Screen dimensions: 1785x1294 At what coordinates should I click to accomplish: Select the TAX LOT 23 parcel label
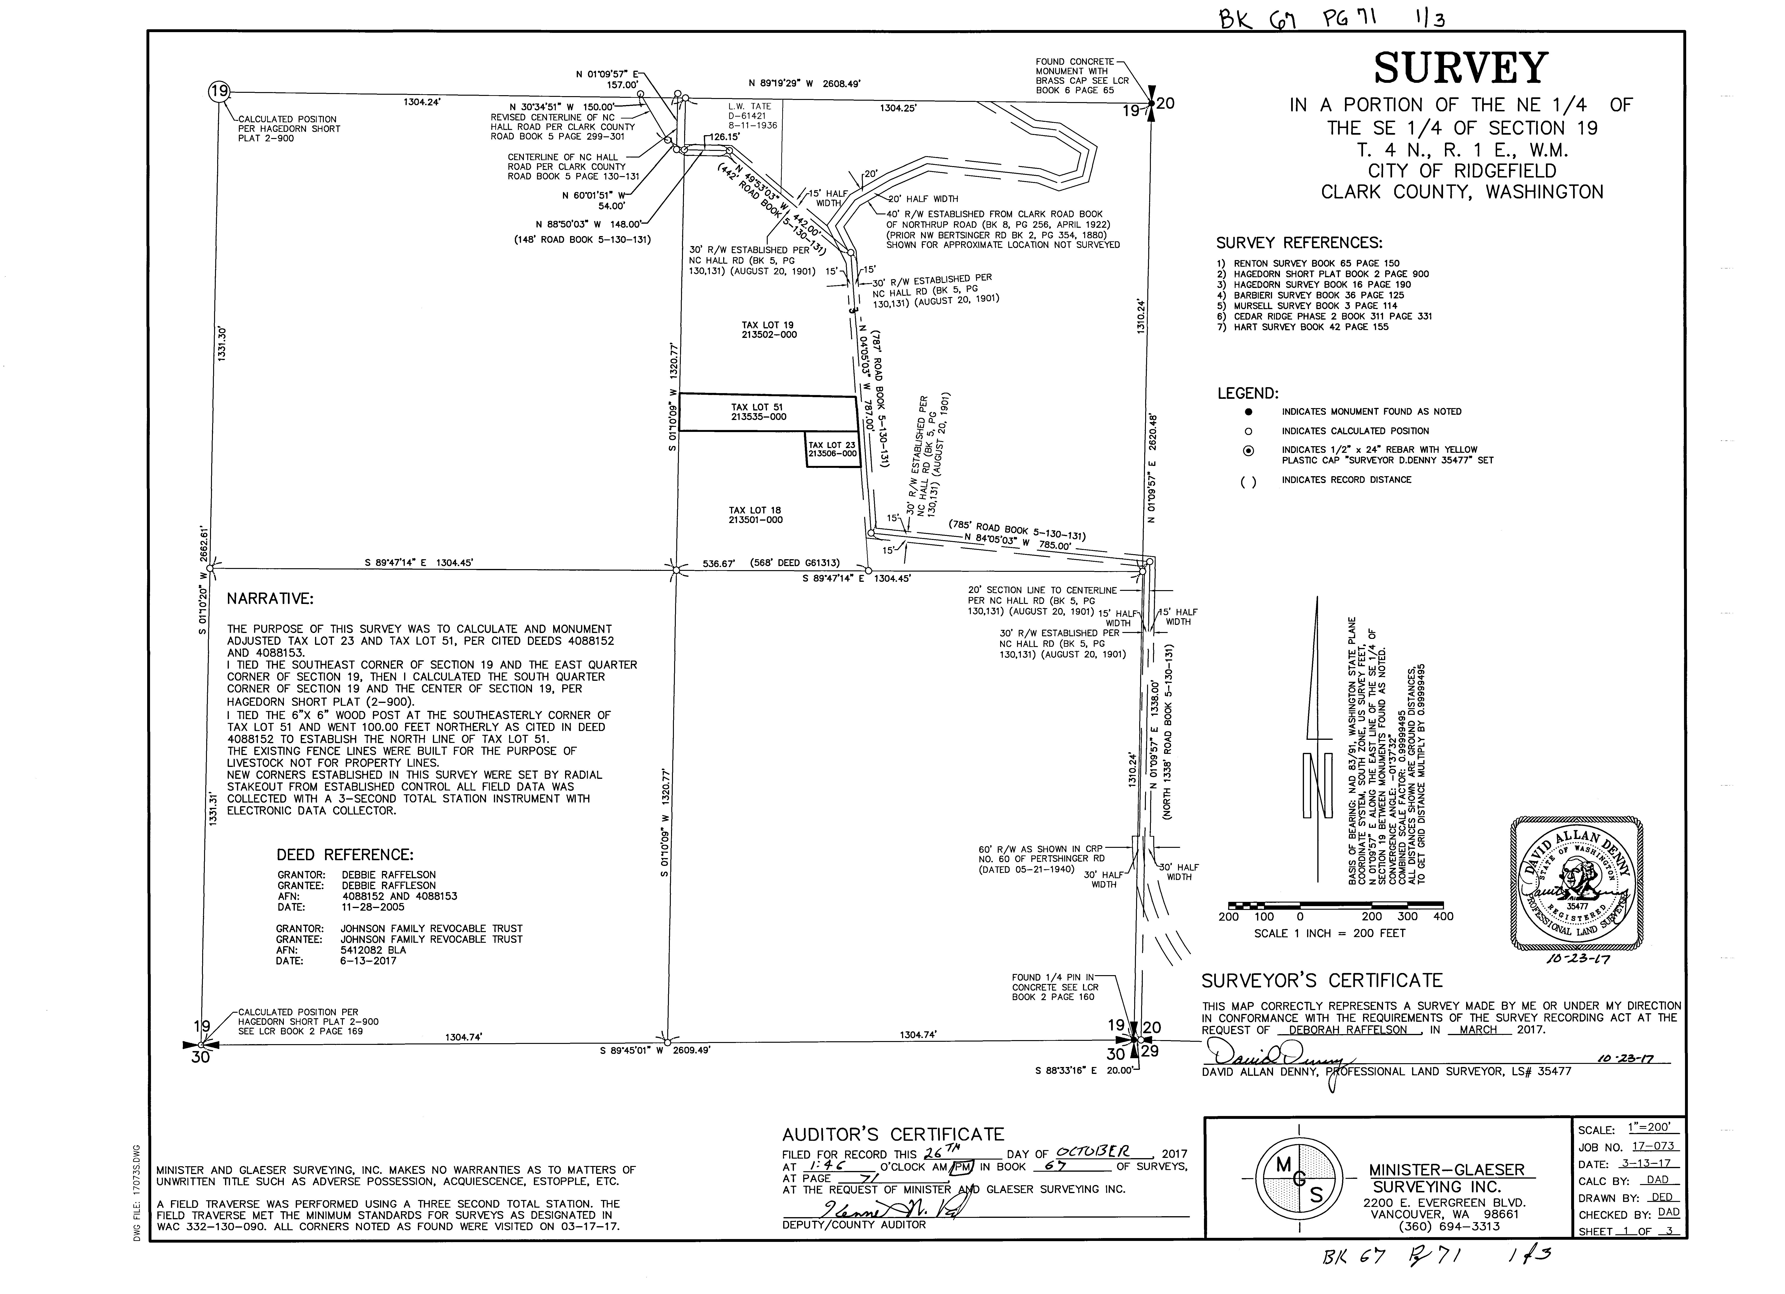click(832, 449)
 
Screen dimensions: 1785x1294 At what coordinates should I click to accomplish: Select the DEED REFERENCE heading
click(345, 855)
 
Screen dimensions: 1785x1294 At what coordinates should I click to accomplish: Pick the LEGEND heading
click(1248, 393)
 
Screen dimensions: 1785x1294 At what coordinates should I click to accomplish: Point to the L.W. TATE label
click(749, 106)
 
